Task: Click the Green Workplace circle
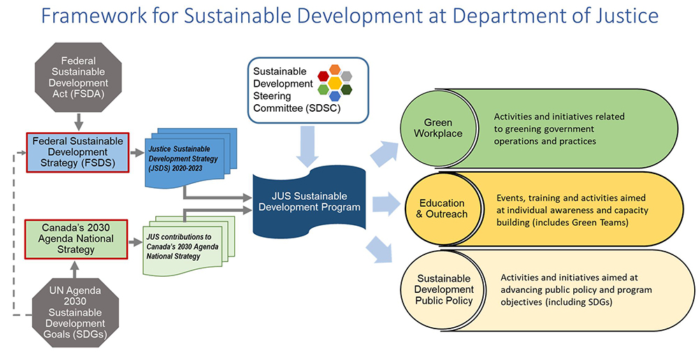(438, 128)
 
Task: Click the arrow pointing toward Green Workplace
(387, 154)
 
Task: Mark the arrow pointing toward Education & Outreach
(387, 204)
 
